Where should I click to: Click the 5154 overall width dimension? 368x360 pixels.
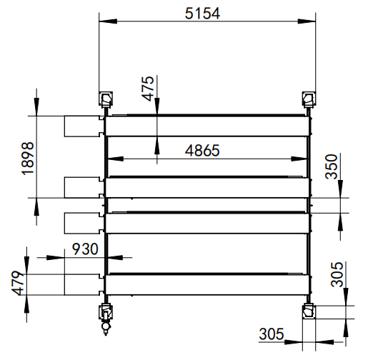coord(203,13)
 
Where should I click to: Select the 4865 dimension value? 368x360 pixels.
coord(202,150)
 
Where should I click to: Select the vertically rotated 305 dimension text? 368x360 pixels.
coord(339,274)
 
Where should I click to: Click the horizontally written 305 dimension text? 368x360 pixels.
coord(272,334)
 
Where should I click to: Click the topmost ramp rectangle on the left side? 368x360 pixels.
coord(80,126)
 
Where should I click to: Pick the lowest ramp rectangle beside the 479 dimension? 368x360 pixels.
coord(81,283)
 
